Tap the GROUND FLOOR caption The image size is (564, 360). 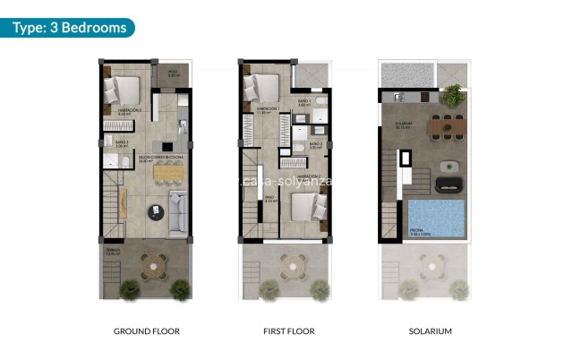(x=147, y=331)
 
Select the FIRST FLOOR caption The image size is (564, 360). (x=288, y=331)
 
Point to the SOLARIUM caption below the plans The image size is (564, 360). (x=428, y=331)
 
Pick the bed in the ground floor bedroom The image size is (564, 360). (x=124, y=91)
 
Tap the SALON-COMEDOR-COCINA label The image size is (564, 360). (x=157, y=158)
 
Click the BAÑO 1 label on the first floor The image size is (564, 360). (x=303, y=103)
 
